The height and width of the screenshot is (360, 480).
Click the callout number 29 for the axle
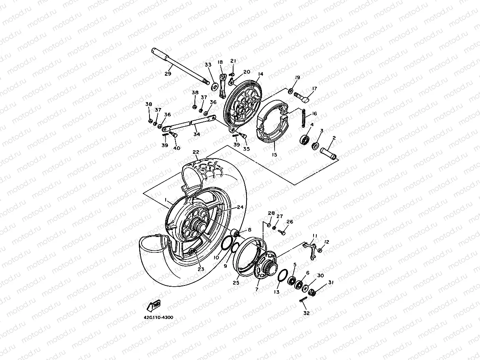coord(168,74)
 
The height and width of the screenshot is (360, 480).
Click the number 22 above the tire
coord(196,152)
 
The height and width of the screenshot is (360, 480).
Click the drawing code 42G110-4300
coord(158,317)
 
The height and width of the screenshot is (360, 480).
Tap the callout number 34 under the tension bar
coord(196,134)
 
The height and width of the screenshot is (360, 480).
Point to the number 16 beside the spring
coord(314,114)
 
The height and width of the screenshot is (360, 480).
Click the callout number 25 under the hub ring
coord(236,282)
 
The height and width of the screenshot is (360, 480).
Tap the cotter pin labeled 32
coord(303,301)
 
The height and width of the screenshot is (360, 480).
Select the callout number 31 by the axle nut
coord(331,282)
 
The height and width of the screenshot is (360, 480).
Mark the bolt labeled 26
coord(281,232)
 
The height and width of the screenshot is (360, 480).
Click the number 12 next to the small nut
coord(327,242)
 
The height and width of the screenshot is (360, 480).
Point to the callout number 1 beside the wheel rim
coord(166,200)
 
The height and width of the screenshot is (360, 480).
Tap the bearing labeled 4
coord(305,139)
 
